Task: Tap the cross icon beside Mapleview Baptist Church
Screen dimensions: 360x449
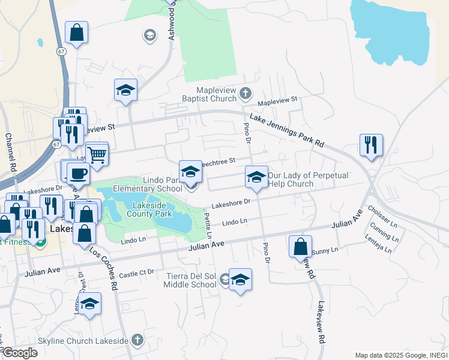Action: [x=245, y=93]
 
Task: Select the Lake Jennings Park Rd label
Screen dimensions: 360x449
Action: [x=286, y=131]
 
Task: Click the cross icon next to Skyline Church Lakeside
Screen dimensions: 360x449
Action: [x=137, y=340]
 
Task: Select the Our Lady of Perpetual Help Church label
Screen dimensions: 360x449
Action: [x=291, y=179]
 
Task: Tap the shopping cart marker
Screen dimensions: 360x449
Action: [x=97, y=154]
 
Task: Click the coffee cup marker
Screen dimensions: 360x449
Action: [x=77, y=173]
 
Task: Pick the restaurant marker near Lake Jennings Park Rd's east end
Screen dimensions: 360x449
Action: [x=371, y=145]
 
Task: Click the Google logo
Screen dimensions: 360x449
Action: [x=20, y=353]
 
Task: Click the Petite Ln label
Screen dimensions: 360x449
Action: [x=208, y=225]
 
